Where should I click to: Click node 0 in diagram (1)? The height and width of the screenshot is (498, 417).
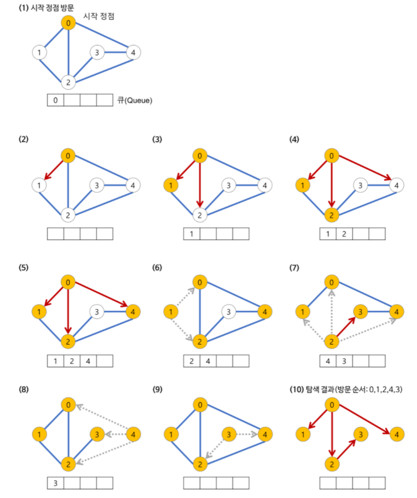(68, 23)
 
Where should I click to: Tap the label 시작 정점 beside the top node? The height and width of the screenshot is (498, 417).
(99, 17)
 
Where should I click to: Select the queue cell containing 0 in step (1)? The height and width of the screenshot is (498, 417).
(55, 100)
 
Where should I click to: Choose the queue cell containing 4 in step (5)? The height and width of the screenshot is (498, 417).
(88, 360)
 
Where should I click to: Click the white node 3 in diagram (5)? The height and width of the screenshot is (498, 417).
(96, 312)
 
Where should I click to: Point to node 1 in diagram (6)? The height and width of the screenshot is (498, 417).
(172, 312)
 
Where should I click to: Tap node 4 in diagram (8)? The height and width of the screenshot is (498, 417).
(132, 435)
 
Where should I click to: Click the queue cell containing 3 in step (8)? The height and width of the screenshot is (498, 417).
(55, 483)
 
